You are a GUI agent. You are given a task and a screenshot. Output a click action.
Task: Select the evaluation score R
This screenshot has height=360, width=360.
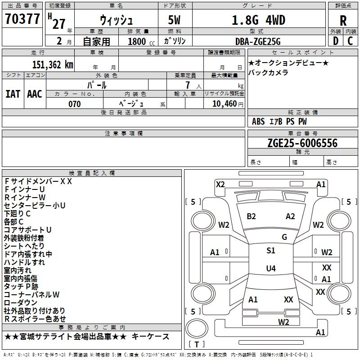pyautogui.click(x=343, y=20)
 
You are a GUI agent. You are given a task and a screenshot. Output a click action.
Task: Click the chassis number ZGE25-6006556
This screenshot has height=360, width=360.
pyautogui.click(x=302, y=143)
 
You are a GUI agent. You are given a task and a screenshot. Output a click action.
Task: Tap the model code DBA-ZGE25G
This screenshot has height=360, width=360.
pyautogui.click(x=258, y=41)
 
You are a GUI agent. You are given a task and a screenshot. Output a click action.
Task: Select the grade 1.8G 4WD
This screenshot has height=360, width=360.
pyautogui.click(x=258, y=20)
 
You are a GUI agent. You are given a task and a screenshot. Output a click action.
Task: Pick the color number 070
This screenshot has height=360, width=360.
pyautogui.click(x=74, y=104)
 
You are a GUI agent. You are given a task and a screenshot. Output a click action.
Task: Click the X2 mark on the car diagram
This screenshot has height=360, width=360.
pyautogui.click(x=220, y=184)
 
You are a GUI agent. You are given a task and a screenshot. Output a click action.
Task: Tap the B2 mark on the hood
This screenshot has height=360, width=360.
pyautogui.click(x=251, y=216)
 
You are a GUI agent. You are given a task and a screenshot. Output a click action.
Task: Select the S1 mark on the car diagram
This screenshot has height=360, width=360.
pyautogui.click(x=270, y=251)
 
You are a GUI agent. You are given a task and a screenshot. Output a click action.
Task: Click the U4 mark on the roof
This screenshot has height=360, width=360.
pyautogui.click(x=270, y=269)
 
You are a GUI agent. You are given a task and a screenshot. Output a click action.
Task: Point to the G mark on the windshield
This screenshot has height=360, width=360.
pyautogui.click(x=284, y=237)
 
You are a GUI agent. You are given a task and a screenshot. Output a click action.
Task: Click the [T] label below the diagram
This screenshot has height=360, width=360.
pyautogui.click(x=197, y=345)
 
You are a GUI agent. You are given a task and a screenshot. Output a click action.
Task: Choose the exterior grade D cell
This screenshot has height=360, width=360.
pyautogui.click(x=335, y=41)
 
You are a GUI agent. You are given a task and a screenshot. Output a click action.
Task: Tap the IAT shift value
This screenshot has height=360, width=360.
pyautogui.click(x=13, y=94)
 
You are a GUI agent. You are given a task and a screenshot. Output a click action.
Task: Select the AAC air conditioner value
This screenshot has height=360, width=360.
pyautogui.click(x=35, y=94)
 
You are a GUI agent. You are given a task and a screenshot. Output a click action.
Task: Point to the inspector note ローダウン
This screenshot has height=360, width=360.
pyautogui.click(x=21, y=302)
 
